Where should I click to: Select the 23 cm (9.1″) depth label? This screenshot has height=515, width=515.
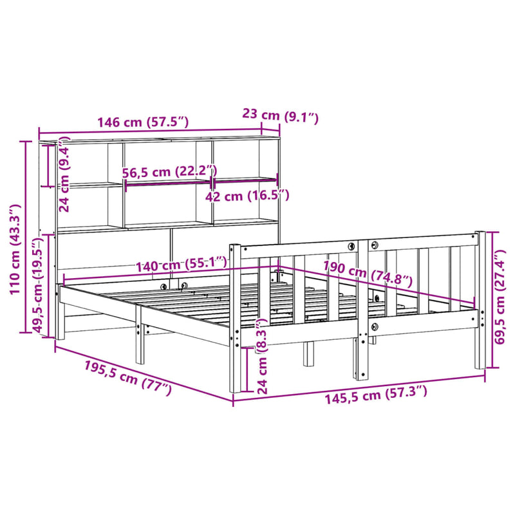[x=280, y=117]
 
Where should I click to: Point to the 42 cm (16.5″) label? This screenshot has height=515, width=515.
[x=248, y=196]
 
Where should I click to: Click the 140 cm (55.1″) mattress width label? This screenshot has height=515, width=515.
[x=180, y=263]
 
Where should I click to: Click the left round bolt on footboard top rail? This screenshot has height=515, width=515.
[x=351, y=247]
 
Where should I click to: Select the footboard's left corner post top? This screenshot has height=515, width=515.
[x=235, y=245]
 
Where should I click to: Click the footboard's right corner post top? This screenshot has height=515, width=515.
[x=479, y=232]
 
